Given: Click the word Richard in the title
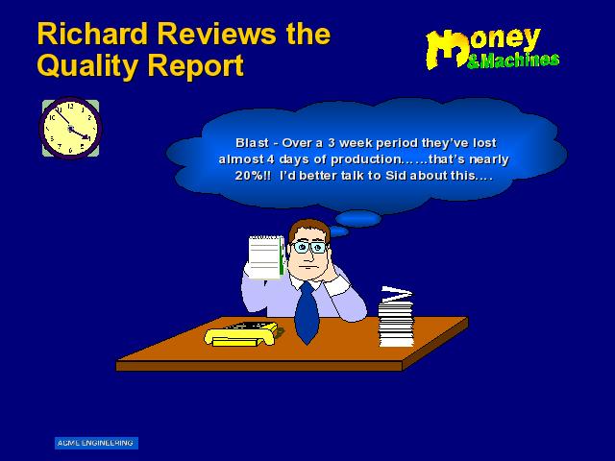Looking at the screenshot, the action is click(92, 34).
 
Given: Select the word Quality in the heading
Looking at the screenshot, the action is click(87, 65).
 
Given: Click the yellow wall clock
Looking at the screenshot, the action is click(70, 128).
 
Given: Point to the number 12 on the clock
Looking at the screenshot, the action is click(70, 106).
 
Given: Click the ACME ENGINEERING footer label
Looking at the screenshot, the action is click(96, 443).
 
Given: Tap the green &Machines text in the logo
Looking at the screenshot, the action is click(513, 61).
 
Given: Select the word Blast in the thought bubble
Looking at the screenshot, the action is click(252, 143).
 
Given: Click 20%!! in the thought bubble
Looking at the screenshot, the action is click(253, 175).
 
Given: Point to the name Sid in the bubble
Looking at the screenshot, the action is click(396, 175).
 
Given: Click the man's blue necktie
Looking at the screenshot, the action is click(307, 313).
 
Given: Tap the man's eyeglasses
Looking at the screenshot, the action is click(308, 248).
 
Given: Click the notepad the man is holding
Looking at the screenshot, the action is click(266, 257).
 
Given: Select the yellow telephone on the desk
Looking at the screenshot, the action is click(241, 334).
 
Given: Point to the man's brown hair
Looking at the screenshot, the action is click(309, 230).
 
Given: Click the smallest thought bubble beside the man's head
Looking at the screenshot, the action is click(338, 232).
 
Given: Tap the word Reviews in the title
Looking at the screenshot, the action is click(216, 34).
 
